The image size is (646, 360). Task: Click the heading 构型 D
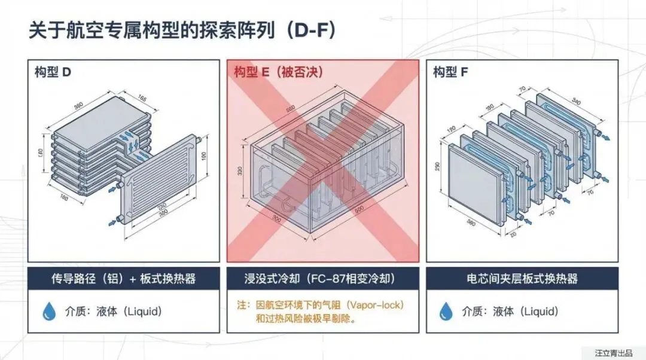click(53, 73)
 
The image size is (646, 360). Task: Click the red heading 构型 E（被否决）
click(278, 73)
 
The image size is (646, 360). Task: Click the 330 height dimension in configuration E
click(240, 172)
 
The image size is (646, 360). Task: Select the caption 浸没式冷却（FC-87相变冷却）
click(322, 279)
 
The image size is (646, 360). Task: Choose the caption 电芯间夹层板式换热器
click(522, 279)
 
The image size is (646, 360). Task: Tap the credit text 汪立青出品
click(613, 353)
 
